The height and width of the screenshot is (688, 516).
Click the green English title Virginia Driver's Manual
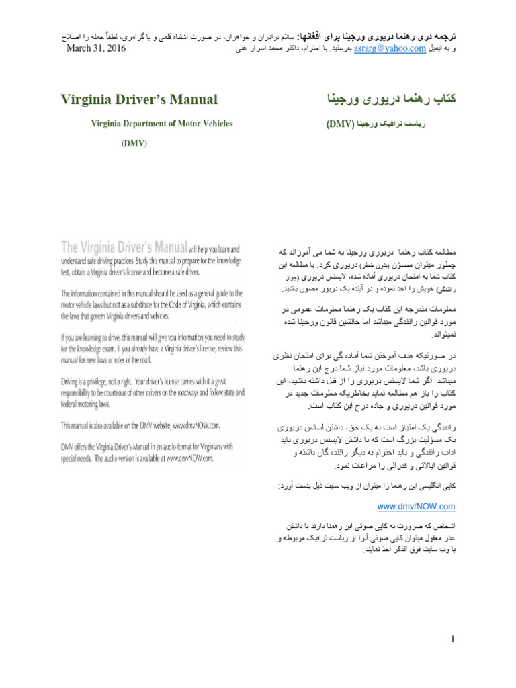point(139,99)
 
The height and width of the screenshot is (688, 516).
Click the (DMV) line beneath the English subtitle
point(134,143)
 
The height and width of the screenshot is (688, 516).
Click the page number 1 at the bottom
point(454,639)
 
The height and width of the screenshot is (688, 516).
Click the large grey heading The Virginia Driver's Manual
point(124,247)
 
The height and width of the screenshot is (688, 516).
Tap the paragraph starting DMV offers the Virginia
point(147,453)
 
